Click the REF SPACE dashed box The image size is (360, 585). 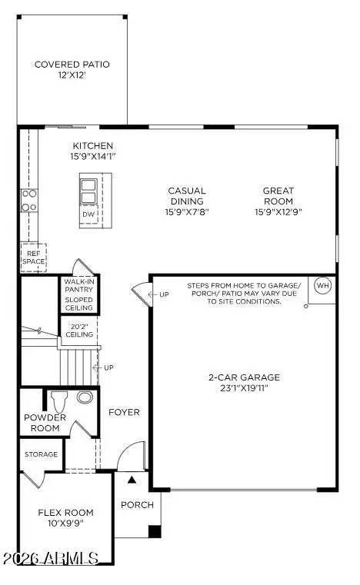coord(33,257)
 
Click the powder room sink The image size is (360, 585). coord(85,397)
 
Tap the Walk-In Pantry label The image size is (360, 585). coord(78,288)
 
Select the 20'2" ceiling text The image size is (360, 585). coord(78,329)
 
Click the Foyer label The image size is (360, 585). coord(124,413)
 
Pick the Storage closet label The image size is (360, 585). coord(40,454)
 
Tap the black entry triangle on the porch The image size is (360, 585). coord(132,480)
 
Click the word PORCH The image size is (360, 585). coord(137,505)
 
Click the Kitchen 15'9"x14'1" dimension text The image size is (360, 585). coord(93,157)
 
